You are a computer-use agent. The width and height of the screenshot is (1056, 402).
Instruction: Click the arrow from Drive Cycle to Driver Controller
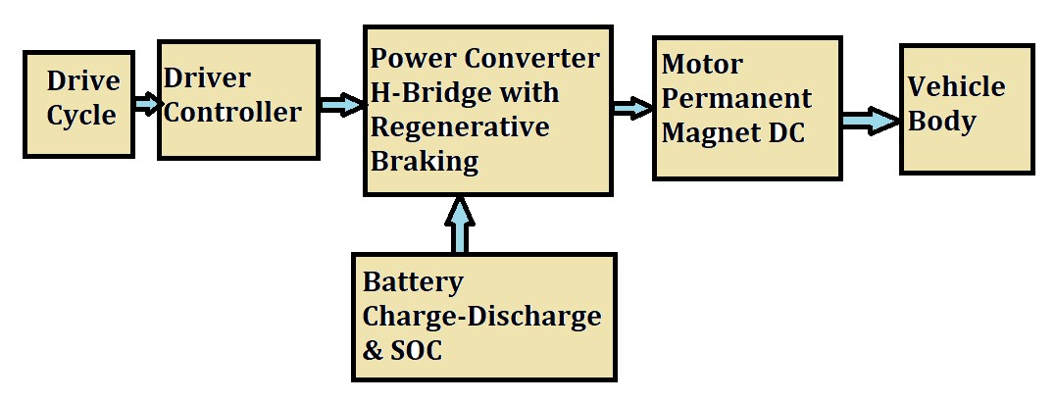pos(147,103)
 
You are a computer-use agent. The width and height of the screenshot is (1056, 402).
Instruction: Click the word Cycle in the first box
pos(82,116)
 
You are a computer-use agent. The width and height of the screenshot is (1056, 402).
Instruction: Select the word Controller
pos(232,112)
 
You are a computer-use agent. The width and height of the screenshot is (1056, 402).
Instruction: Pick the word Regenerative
pos(459,127)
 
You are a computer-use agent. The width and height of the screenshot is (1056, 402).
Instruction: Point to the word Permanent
pos(736,98)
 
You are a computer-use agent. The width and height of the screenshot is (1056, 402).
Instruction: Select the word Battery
pos(413,282)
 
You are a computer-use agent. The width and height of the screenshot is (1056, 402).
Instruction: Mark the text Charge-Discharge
pos(481,316)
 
